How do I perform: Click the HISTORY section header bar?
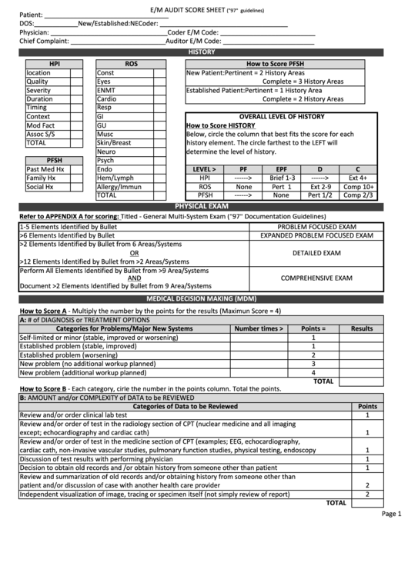coord(202,52)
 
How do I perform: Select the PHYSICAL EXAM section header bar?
coord(202,207)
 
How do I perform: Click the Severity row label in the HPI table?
coord(39,91)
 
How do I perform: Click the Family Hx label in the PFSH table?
coord(41,178)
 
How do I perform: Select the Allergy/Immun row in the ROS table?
coord(119,187)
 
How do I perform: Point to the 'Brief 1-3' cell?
coord(283,178)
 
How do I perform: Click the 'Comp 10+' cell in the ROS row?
coord(359,187)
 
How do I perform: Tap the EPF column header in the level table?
coord(282,168)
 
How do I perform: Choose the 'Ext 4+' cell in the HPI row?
coord(359,178)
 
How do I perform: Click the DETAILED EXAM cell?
coord(316,252)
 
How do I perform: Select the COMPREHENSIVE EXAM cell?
coord(316,278)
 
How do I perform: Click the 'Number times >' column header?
coord(259,328)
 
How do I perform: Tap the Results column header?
coord(362,328)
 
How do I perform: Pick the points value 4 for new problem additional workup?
coord(313,372)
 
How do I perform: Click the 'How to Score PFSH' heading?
coord(275,64)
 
